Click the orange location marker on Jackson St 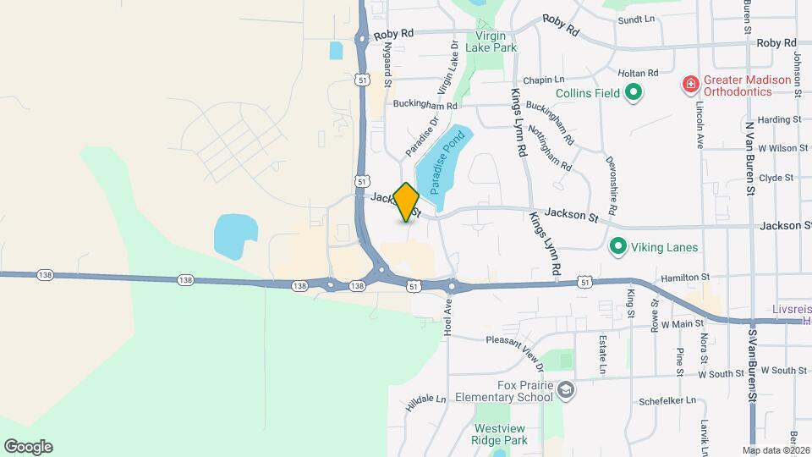[x=407, y=201]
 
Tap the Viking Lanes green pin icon [x=618, y=247]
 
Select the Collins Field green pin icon [x=632, y=93]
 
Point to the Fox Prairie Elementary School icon [x=565, y=390]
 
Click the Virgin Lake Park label [x=496, y=42]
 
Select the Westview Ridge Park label [x=501, y=434]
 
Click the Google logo [x=28, y=446]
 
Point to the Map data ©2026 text [x=774, y=450]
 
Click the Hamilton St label [x=684, y=278]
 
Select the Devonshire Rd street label [x=612, y=184]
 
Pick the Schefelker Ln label [x=667, y=400]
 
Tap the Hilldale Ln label [x=425, y=402]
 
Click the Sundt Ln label [x=636, y=19]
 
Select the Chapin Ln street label [x=543, y=80]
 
